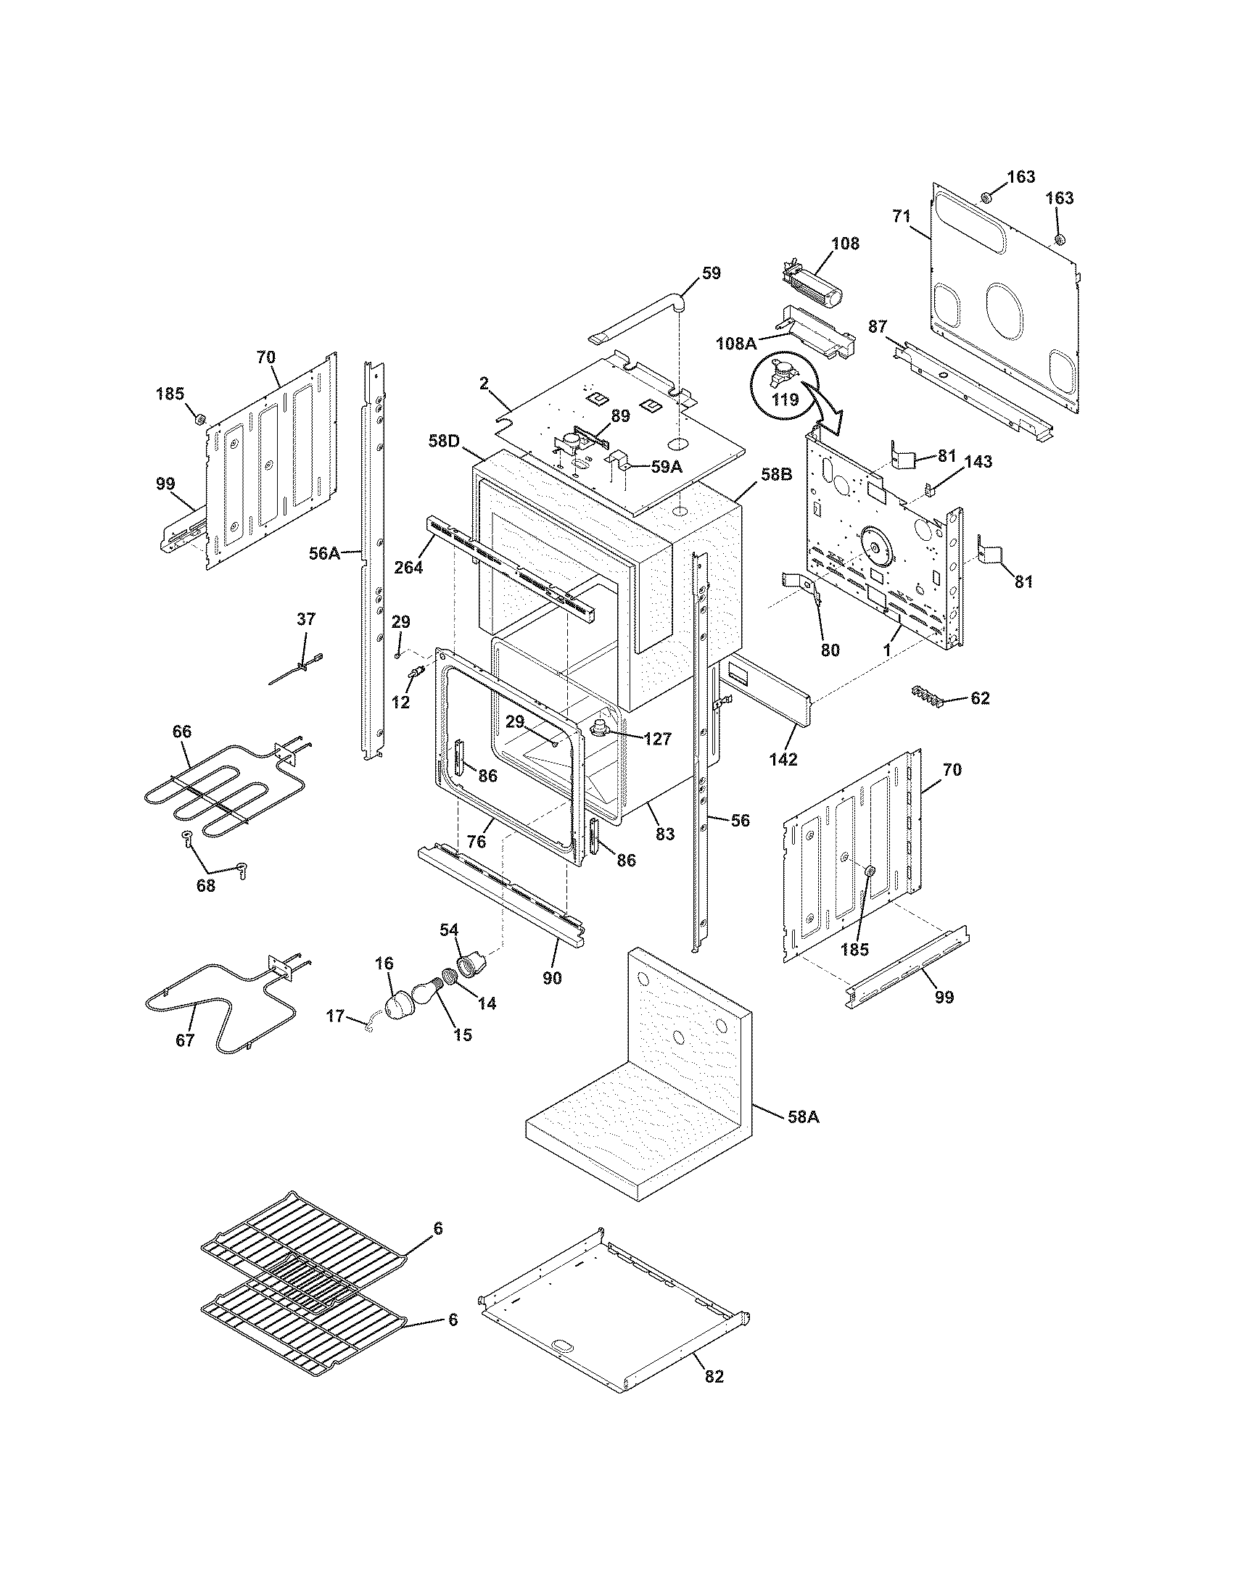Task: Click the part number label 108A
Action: point(736,342)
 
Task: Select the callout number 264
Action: point(408,567)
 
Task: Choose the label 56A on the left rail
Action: point(324,554)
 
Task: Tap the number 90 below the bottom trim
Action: point(552,978)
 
